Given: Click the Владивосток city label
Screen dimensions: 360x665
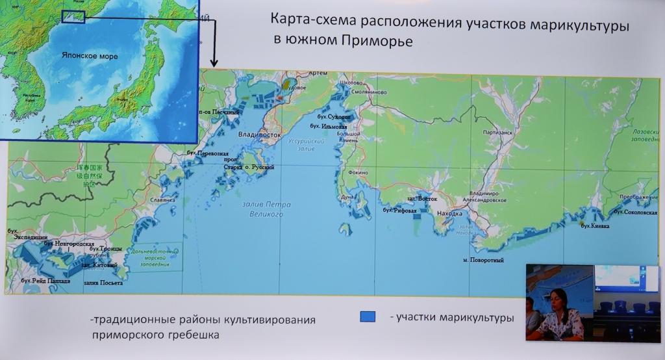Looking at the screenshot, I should pyautogui.click(x=259, y=135).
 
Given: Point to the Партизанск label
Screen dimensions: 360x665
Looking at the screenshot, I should pyautogui.click(x=498, y=133).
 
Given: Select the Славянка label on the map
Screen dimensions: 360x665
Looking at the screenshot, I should pyautogui.click(x=163, y=201).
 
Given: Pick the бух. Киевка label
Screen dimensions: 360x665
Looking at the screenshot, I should pyautogui.click(x=595, y=225).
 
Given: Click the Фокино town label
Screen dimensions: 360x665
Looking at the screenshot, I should pyautogui.click(x=357, y=173).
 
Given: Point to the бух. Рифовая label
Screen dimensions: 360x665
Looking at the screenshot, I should pyautogui.click(x=399, y=211).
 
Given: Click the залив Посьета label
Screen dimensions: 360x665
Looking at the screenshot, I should pyautogui.click(x=103, y=283).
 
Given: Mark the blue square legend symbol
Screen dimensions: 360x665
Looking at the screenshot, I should pyautogui.click(x=368, y=316).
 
